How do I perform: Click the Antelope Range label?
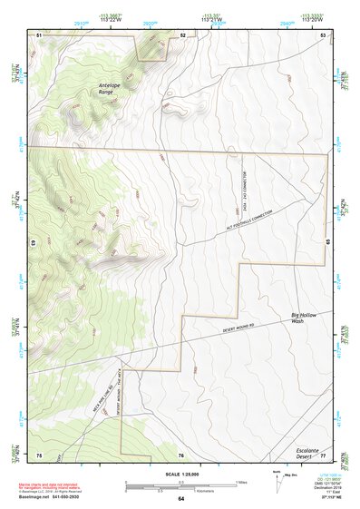pos(111,89)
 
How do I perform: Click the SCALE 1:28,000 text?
pos(180,473)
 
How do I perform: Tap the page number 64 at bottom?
pos(180,499)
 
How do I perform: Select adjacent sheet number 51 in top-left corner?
pos(39,34)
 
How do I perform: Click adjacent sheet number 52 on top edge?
pos(182,34)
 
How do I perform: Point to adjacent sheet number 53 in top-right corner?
pos(324,34)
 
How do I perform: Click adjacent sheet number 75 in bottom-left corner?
pos(39,455)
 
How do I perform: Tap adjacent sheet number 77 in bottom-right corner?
pos(324,455)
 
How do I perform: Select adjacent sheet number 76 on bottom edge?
pos(181,455)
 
